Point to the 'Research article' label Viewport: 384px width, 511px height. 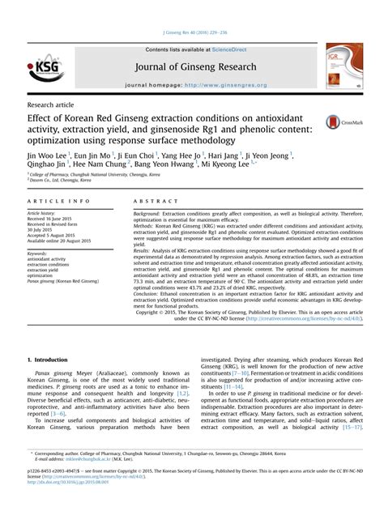[x=54, y=105]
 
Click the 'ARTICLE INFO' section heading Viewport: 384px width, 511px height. [x=58, y=200]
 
